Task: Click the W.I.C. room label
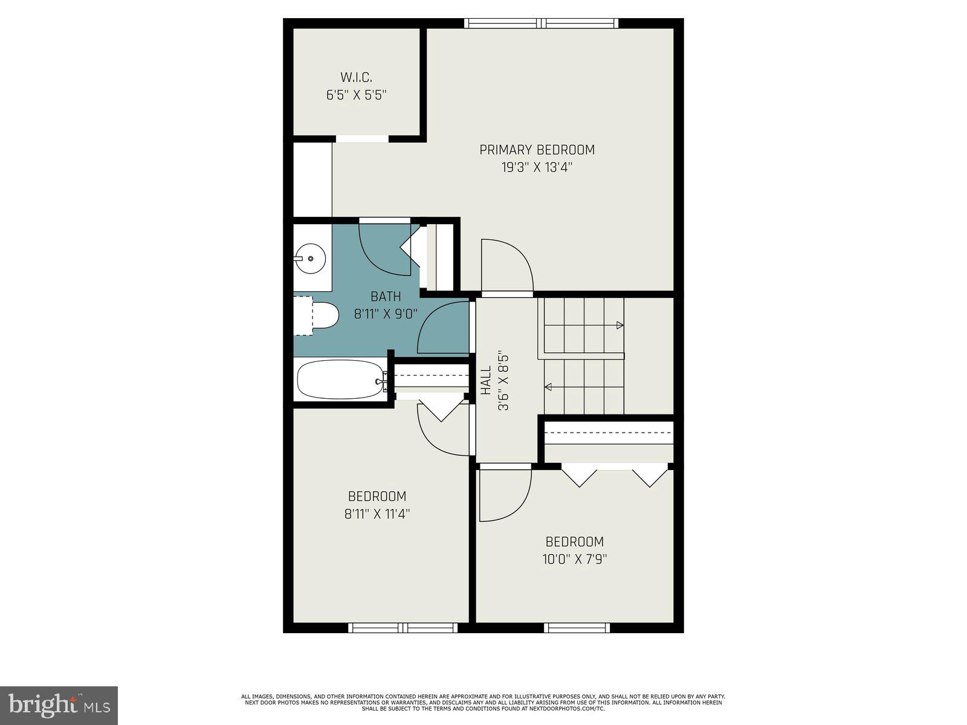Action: coord(356,77)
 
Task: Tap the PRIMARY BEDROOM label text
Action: coord(537,150)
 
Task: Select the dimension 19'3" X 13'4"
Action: coord(537,167)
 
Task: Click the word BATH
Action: coord(386,297)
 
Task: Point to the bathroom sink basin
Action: coord(311,259)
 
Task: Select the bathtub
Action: coord(340,379)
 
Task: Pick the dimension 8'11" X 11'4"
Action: coord(377,514)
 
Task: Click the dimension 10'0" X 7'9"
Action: coord(574,559)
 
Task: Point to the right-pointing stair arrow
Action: coord(619,326)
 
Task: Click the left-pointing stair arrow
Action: coord(548,387)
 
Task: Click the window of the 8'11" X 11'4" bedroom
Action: coord(403,628)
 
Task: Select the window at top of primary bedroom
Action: coord(542,24)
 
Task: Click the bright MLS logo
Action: coord(59,706)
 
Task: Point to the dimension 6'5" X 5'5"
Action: coord(356,95)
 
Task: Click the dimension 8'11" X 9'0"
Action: coord(386,314)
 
